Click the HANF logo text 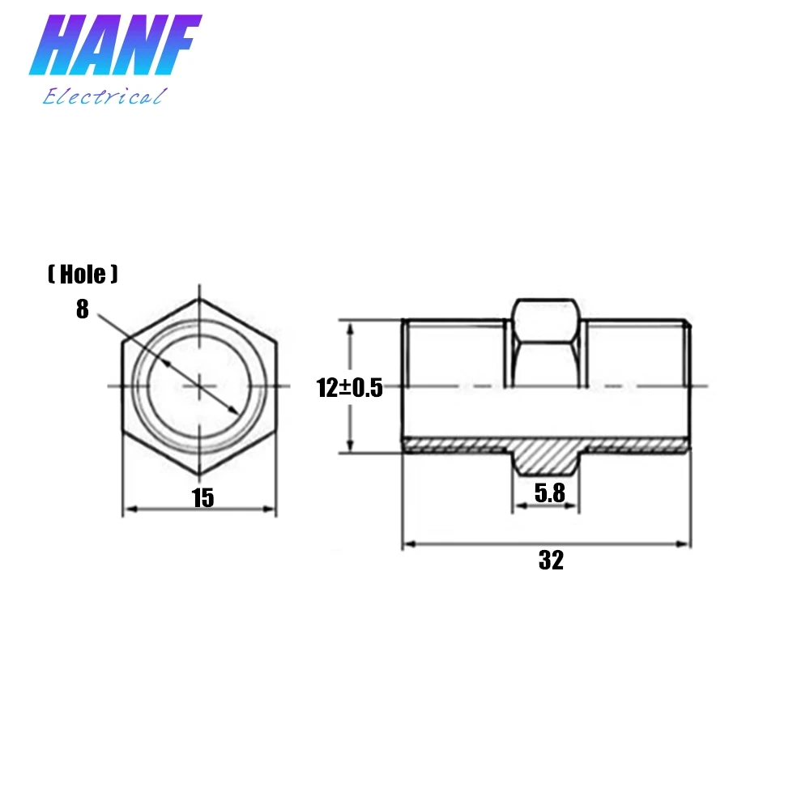click(x=115, y=49)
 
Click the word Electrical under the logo click(x=104, y=97)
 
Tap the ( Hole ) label click(x=83, y=275)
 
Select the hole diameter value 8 click(x=83, y=309)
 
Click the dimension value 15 click(x=202, y=498)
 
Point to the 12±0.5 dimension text click(x=349, y=388)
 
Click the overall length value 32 click(x=550, y=560)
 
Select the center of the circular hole click(x=198, y=386)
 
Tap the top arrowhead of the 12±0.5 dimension click(x=350, y=327)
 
